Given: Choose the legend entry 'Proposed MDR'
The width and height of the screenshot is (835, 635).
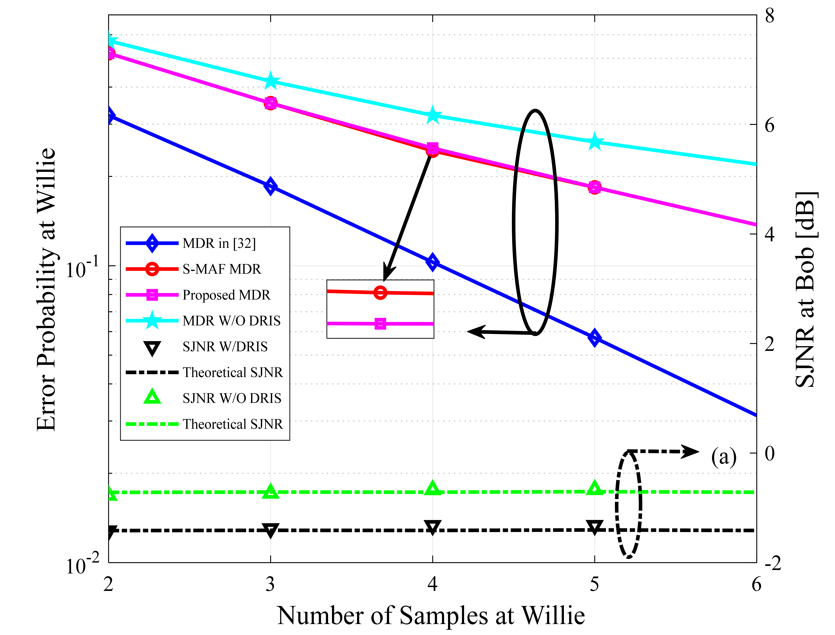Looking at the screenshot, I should click(x=226, y=295).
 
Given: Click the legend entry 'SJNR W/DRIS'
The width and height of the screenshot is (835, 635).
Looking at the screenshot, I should click(x=225, y=347).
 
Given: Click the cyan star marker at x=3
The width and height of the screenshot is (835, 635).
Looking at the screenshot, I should click(x=270, y=81).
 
